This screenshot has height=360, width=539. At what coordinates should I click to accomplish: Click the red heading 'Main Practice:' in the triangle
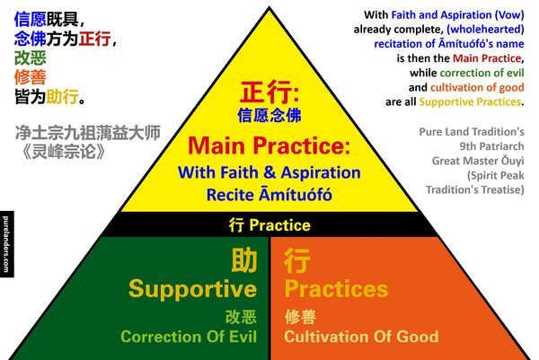pos(269,145)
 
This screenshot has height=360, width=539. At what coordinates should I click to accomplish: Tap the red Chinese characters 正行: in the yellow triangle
pos(269,92)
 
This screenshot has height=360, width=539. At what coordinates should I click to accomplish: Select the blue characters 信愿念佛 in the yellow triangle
pos(269,115)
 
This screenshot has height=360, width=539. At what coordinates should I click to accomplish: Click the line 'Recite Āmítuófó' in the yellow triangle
pos(269,195)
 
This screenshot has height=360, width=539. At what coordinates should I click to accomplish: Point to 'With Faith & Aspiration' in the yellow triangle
pos(269,172)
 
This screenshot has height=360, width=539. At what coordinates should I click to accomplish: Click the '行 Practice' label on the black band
pos(269,225)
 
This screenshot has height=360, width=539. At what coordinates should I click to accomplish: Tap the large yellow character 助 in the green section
pos(244,260)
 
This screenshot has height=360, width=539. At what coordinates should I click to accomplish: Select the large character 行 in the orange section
pos(297,260)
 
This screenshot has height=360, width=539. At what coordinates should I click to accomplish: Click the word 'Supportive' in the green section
pos(192,289)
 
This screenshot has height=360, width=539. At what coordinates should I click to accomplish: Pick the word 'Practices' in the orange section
pos(336,288)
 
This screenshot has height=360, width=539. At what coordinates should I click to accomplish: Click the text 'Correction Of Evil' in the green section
pos(189,337)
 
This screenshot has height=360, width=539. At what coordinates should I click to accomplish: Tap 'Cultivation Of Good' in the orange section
pos(361,337)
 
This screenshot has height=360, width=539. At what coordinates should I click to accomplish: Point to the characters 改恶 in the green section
pos(241,317)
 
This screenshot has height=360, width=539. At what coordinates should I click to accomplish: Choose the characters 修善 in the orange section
pos(300,317)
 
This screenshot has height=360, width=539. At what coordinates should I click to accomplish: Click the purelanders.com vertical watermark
pos(6,244)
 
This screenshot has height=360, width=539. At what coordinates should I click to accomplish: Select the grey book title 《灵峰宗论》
pos(64,151)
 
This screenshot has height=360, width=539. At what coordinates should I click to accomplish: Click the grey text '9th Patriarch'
pos(492,146)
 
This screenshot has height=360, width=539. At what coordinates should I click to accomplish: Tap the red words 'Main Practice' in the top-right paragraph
pos(487,58)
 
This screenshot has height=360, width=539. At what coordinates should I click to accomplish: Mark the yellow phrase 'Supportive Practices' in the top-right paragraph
pos(470,102)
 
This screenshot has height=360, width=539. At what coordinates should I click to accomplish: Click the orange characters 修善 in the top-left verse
pos(31,77)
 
